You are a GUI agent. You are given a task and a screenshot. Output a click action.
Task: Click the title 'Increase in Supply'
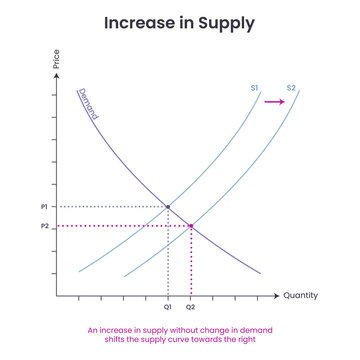(179, 21)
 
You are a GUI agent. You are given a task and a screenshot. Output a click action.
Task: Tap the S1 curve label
(254, 89)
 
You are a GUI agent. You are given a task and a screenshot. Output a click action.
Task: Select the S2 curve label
(291, 89)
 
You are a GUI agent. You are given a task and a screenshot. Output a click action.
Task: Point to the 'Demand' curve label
(87, 104)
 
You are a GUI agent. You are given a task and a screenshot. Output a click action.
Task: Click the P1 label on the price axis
(43, 207)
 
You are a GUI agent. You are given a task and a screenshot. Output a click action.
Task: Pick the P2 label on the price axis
(43, 227)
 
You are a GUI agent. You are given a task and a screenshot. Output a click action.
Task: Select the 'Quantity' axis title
(300, 296)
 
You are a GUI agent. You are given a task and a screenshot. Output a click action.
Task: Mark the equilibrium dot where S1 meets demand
(167, 207)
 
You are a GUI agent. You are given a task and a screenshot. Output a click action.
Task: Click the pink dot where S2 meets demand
(191, 227)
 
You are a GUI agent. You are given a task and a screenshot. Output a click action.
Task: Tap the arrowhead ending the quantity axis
(277, 296)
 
